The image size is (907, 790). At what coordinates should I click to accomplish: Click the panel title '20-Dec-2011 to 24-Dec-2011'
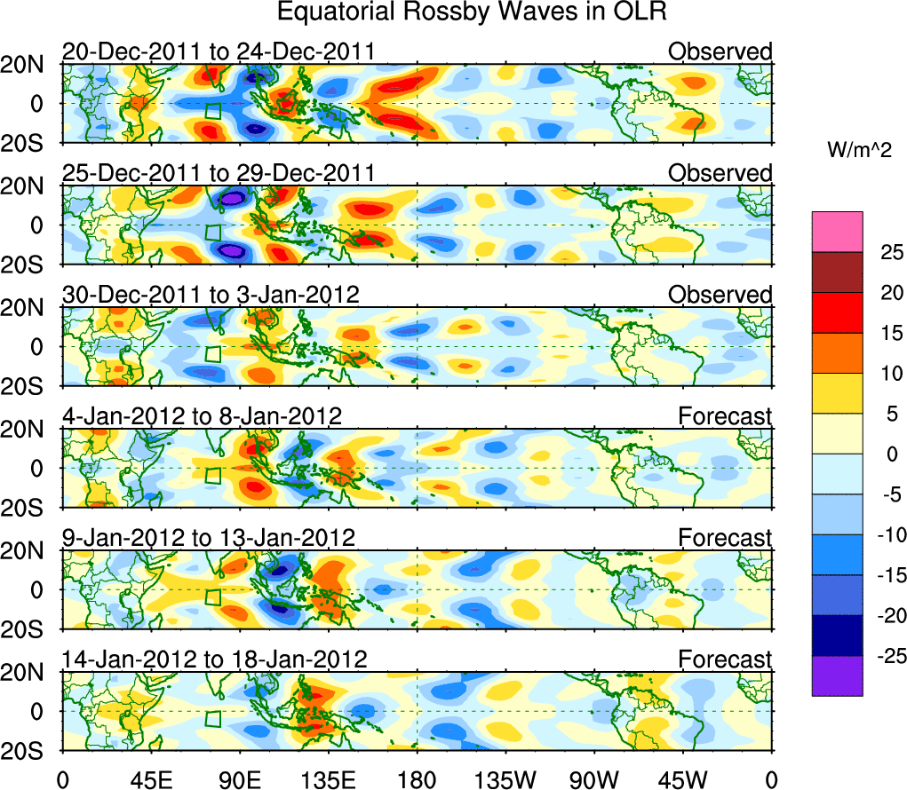pos(218,52)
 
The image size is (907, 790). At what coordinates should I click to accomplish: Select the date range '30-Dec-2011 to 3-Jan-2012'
pos(211,295)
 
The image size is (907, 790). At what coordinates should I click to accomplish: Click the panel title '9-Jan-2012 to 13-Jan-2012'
pos(209,538)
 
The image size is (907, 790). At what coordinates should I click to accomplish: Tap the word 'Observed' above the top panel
pos(720,52)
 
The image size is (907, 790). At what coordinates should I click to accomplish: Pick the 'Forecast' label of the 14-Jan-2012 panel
pos(725,660)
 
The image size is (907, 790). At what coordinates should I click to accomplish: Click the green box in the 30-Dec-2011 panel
pos(212,353)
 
